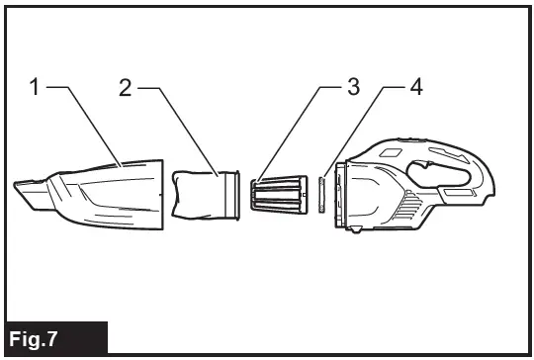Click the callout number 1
point(35,87)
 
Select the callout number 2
point(126,87)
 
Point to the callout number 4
point(416,87)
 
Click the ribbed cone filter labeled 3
point(281,194)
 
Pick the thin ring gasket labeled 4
point(322,194)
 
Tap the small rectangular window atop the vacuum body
point(392,150)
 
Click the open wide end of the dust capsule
point(158,196)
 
